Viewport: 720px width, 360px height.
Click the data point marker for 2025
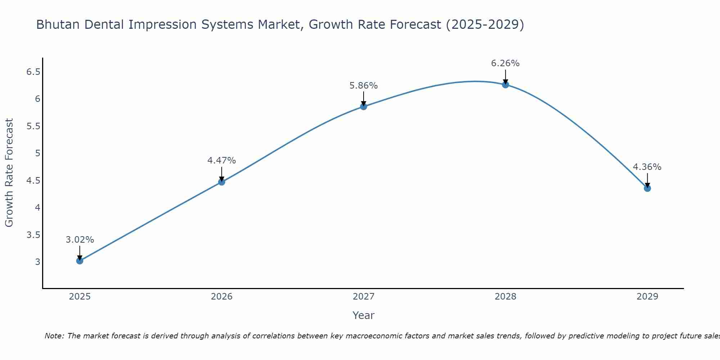[80, 261]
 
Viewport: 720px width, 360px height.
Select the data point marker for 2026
[221, 182]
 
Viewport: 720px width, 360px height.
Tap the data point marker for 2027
[363, 107]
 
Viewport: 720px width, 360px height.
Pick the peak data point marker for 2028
[505, 85]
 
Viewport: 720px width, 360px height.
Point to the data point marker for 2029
[647, 188]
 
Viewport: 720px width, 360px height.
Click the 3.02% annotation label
[80, 240]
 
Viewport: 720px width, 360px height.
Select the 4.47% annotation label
[221, 161]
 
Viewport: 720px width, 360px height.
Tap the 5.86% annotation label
[363, 86]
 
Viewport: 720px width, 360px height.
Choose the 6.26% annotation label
[505, 63]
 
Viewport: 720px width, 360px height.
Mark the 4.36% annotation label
[647, 167]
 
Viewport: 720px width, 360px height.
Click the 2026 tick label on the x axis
[221, 297]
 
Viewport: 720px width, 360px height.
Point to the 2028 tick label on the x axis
[505, 297]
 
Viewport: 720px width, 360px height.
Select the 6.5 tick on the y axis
[33, 72]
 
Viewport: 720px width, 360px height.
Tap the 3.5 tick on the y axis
[33, 235]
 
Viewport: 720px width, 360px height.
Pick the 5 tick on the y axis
[37, 153]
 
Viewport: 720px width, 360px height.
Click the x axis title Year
[363, 315]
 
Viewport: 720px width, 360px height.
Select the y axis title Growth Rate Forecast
[9, 172]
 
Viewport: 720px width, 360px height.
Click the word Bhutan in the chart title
[58, 24]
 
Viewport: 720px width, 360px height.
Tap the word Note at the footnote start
[54, 336]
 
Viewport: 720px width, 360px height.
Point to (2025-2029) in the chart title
[485, 24]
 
